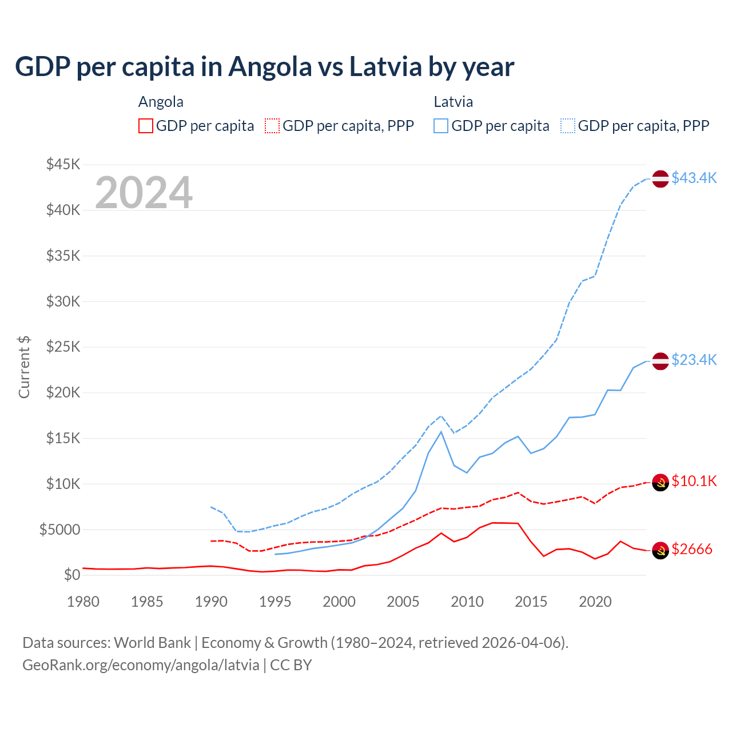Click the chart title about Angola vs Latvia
click(x=264, y=67)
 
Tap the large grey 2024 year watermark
click(x=144, y=193)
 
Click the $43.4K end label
click(x=694, y=178)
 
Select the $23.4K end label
click(x=694, y=360)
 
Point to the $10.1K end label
click(x=694, y=482)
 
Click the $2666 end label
click(x=692, y=550)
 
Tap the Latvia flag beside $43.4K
click(x=661, y=179)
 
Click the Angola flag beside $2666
click(x=661, y=550)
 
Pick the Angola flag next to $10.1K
click(x=661, y=483)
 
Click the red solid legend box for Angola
click(x=146, y=126)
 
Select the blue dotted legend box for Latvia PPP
click(x=568, y=126)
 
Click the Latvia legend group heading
click(x=453, y=102)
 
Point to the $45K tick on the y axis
click(x=63, y=165)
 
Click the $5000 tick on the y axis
click(x=60, y=530)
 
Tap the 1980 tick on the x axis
click(x=83, y=602)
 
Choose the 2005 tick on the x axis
click(x=403, y=602)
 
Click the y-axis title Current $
click(x=24, y=367)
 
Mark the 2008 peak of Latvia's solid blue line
click(x=441, y=432)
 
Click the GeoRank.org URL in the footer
click(x=141, y=665)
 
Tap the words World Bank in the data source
click(x=152, y=643)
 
